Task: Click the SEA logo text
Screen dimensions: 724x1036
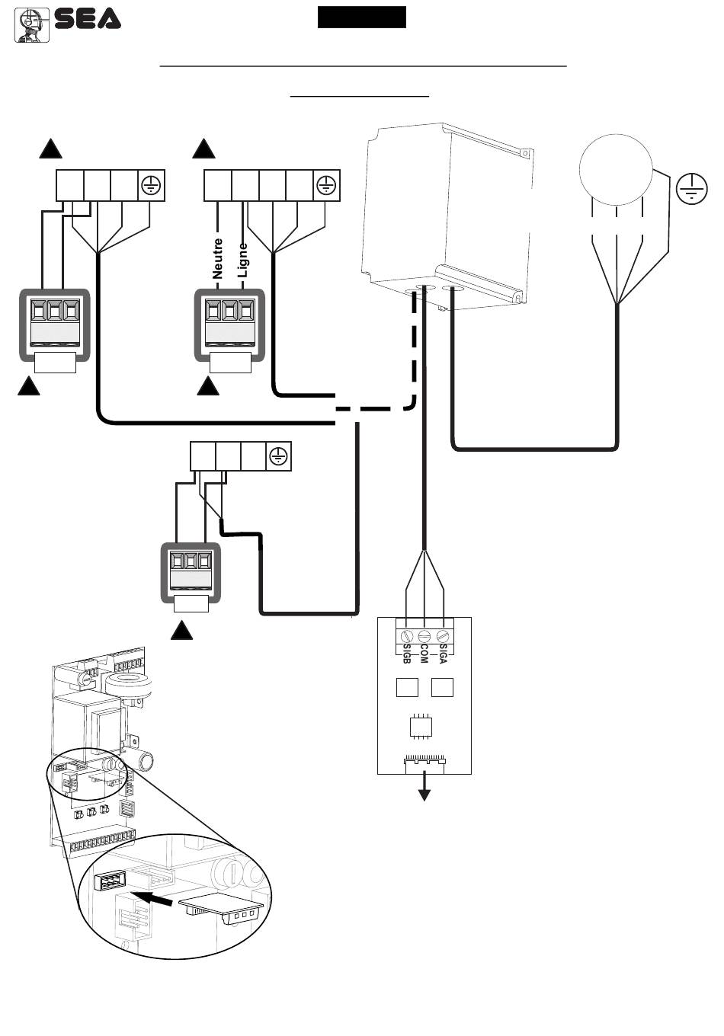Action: coord(88,19)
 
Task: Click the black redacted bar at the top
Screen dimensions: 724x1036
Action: coord(362,17)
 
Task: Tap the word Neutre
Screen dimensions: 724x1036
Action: coord(217,258)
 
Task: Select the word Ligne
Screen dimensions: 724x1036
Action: coord(242,261)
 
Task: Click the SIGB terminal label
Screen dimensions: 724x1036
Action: coord(407,654)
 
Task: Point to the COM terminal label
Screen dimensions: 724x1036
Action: coord(424,654)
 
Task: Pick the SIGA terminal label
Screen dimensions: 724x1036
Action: coord(442,654)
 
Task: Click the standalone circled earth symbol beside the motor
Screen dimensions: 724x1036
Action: coord(692,188)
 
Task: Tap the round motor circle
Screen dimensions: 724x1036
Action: coord(616,170)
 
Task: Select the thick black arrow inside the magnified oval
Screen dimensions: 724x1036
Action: coord(152,897)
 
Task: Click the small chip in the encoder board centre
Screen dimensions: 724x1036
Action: coord(421,726)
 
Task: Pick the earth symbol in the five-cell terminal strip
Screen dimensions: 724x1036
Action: coord(326,185)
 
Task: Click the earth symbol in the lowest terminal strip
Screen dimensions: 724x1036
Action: coord(278,456)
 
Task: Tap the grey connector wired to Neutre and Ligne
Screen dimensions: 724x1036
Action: coord(229,325)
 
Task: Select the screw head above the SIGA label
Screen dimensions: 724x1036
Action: coord(442,635)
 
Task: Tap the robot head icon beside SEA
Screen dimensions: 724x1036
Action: coord(31,25)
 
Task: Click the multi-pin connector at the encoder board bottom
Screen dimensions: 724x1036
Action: coord(424,765)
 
